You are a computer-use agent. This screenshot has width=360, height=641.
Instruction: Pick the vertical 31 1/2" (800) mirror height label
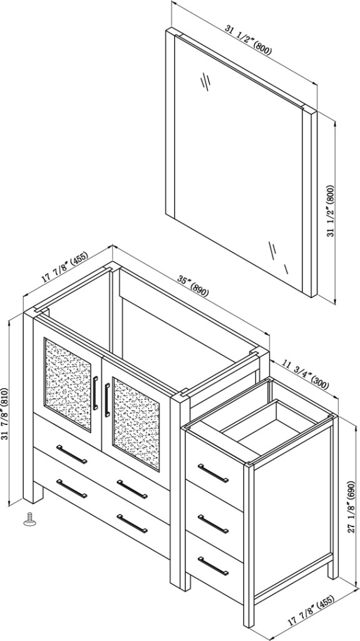click(331, 211)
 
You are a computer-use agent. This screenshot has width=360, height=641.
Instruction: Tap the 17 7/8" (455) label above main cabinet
click(64, 268)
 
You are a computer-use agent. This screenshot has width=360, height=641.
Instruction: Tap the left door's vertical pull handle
click(95, 392)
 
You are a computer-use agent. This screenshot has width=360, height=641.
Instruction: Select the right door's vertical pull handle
click(107, 400)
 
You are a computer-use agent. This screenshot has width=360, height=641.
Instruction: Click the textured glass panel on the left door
click(68, 384)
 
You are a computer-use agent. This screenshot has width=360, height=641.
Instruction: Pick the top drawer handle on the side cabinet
click(213, 473)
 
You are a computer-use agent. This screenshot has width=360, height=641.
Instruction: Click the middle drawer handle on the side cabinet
click(213, 524)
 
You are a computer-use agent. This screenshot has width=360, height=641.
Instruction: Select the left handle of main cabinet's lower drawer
click(71, 488)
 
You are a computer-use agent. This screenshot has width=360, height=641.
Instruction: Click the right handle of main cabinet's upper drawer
click(132, 489)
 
